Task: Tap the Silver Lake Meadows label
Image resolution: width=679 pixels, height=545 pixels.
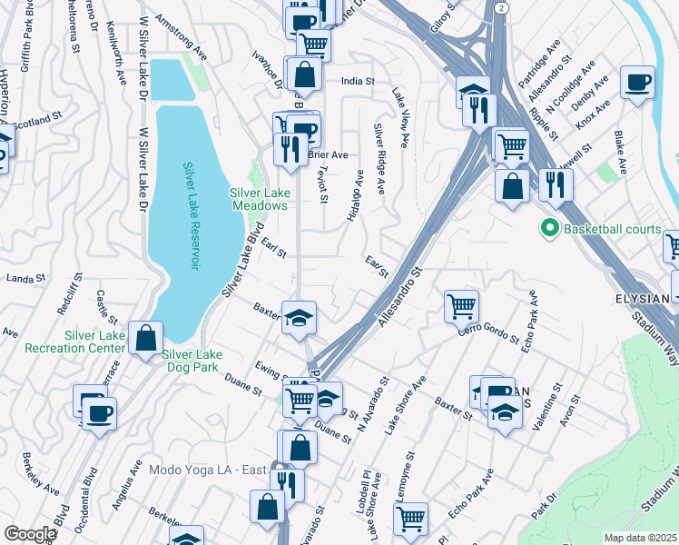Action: (x=259, y=199)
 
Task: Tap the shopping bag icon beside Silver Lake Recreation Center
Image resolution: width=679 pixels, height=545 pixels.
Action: (x=145, y=339)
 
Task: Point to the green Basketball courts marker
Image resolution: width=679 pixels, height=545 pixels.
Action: (x=548, y=229)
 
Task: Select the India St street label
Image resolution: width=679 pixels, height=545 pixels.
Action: (x=358, y=82)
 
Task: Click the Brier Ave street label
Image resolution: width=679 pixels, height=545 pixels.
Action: (x=328, y=155)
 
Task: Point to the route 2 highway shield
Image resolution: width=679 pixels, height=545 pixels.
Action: (x=501, y=7)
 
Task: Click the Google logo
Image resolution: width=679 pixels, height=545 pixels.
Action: (x=30, y=534)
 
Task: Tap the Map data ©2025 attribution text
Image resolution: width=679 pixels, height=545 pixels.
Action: (x=640, y=538)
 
